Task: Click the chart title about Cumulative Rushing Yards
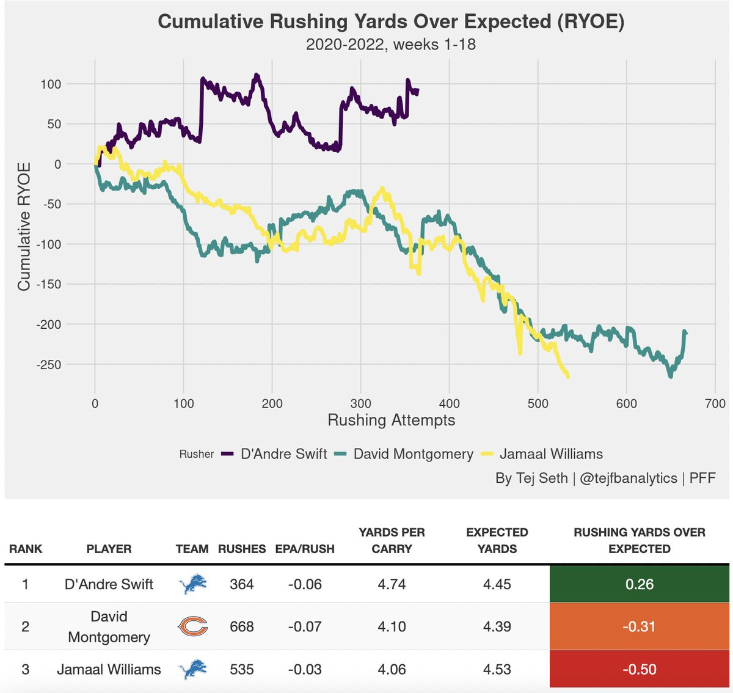tap(391, 22)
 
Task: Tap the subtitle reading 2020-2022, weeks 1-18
tap(391, 45)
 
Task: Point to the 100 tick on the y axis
tap(51, 84)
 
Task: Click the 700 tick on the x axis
tap(715, 403)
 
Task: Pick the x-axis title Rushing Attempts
tap(391, 420)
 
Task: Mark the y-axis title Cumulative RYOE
tap(24, 226)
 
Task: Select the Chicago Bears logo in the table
tap(192, 627)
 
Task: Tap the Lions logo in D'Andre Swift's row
tap(192, 585)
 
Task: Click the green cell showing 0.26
tap(639, 584)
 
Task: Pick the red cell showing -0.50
tap(639, 669)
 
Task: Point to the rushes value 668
tap(242, 627)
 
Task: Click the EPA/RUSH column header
tap(305, 549)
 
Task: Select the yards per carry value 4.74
tap(392, 584)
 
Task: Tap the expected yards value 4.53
tap(497, 669)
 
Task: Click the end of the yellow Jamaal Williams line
tap(569, 377)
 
